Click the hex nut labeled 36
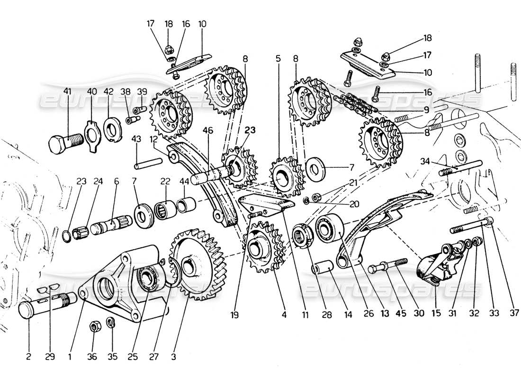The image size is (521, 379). click(x=94, y=326)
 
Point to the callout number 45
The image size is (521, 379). click(x=387, y=313)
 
